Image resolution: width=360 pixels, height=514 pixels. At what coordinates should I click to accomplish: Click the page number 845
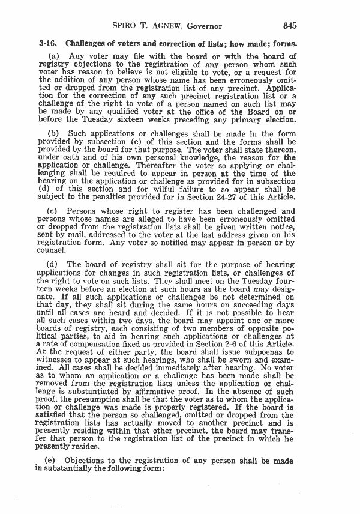290,26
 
